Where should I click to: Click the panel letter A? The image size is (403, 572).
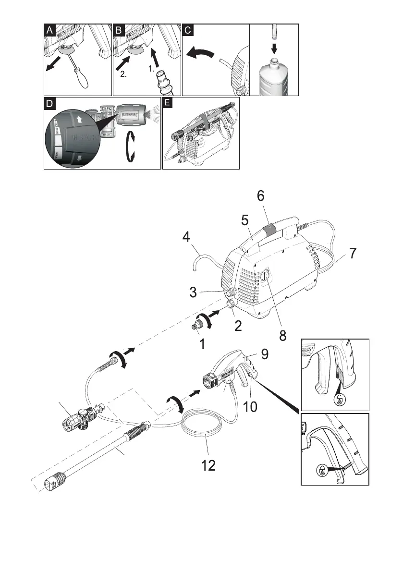49,30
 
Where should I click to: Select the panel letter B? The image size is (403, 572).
119,30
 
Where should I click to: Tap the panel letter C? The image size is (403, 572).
188,30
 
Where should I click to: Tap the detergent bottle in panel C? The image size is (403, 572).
274,76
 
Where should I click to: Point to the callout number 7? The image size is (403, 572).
353,254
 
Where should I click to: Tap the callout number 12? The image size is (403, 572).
208,464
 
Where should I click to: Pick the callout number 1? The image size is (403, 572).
203,344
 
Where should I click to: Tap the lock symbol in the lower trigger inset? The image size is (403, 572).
321,471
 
